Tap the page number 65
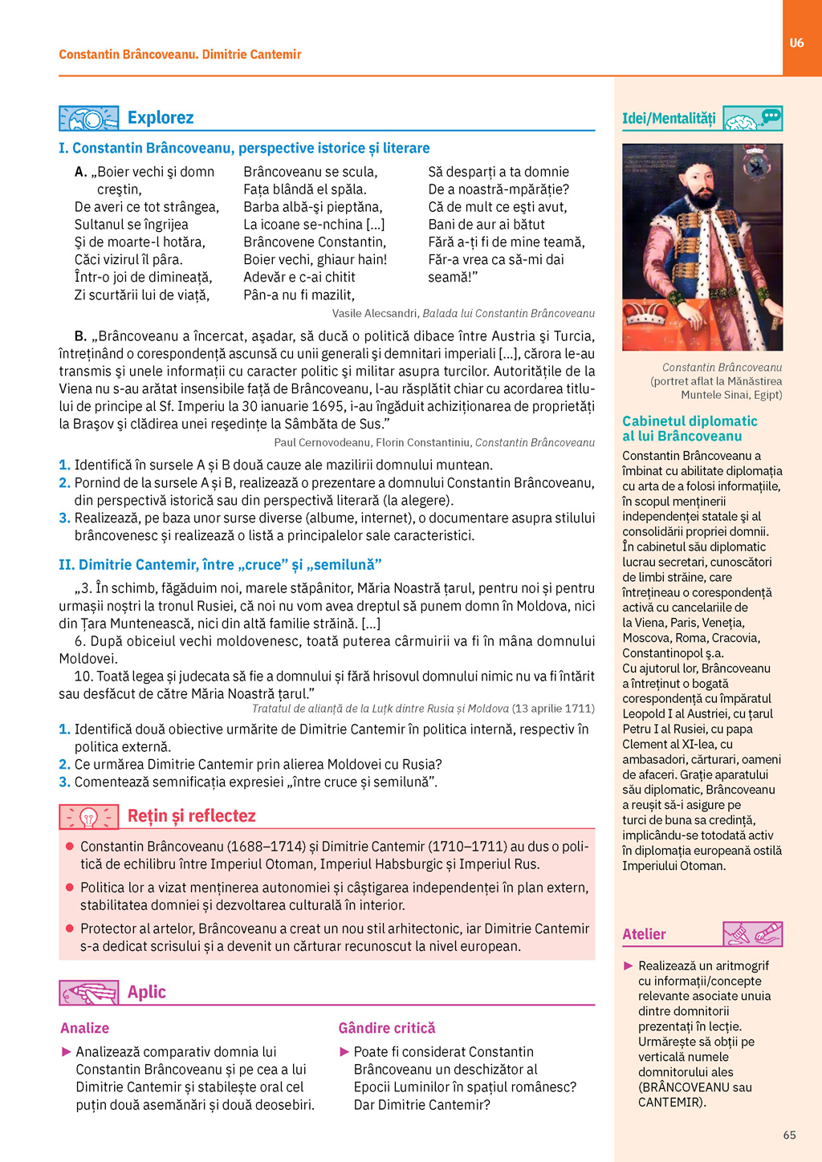(789, 1135)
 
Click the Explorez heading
(161, 118)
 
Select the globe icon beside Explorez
(88, 119)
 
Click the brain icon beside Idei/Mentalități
(752, 119)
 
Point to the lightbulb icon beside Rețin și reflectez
(88, 817)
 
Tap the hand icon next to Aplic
(88, 993)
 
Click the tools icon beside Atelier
(752, 934)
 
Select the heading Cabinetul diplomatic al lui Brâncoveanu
(690, 429)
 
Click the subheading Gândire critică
(387, 1028)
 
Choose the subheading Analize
(84, 1028)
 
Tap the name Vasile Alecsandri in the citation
(375, 314)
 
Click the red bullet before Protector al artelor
(70, 928)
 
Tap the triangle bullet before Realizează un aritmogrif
(629, 965)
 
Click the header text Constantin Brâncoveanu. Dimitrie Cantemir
(180, 55)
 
